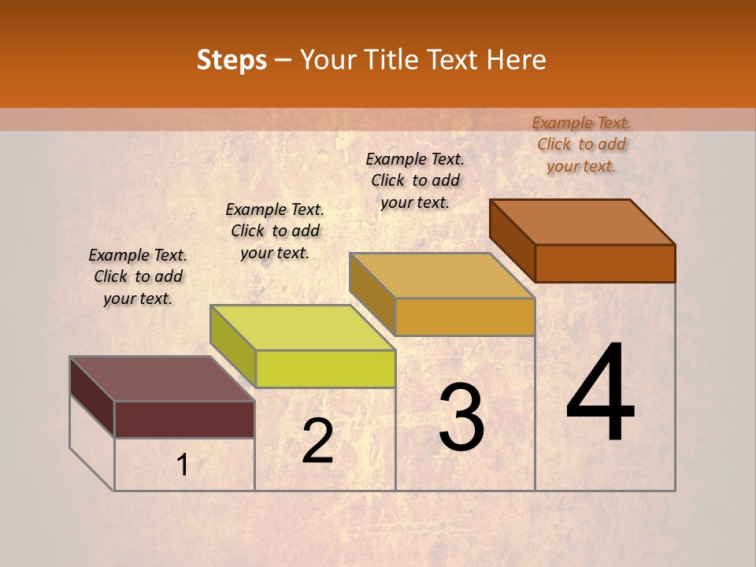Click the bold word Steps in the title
[x=231, y=60]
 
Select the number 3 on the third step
[x=461, y=417]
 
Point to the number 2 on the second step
[x=317, y=441]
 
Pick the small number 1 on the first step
[x=183, y=465]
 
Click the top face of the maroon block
[x=162, y=378]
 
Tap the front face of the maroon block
[x=184, y=419]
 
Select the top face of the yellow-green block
[x=302, y=327]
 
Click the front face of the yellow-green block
[x=325, y=369]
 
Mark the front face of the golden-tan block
[x=465, y=317]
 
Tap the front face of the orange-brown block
[x=605, y=263]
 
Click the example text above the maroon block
[x=138, y=276]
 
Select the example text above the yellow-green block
[x=275, y=231]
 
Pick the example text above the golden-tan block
[x=415, y=180]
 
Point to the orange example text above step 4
[x=581, y=144]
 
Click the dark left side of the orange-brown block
[x=512, y=240]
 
